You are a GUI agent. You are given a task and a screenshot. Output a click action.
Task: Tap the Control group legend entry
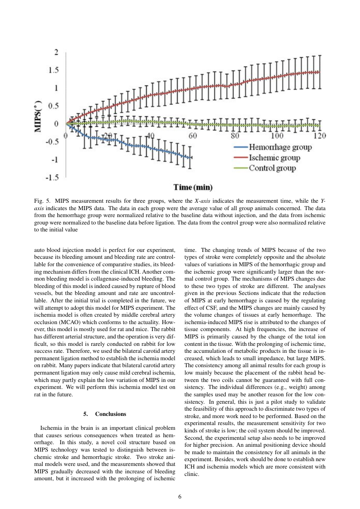tap(272, 168)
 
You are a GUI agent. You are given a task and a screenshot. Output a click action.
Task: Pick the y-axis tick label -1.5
tap(53, 177)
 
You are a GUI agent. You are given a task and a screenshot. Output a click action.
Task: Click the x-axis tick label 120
tap(320, 136)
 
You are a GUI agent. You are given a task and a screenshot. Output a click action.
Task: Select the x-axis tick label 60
tap(193, 136)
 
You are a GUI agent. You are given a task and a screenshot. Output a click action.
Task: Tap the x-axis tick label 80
tap(235, 136)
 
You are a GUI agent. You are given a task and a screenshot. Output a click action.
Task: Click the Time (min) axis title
tap(193, 188)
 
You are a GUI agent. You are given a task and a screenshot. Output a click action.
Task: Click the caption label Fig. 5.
tap(42, 201)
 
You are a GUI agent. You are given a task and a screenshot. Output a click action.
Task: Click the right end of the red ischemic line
tap(320, 72)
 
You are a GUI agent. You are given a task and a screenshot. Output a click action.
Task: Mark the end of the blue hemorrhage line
tap(190, 157)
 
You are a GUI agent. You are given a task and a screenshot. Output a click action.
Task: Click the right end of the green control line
tap(320, 126)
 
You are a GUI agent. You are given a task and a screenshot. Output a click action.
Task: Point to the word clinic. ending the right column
tap(192, 475)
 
